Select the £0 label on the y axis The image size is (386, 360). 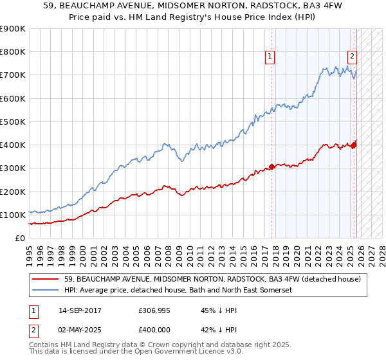point(21,239)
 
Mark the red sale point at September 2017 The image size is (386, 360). point(271,166)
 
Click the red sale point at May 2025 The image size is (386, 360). point(354,145)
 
